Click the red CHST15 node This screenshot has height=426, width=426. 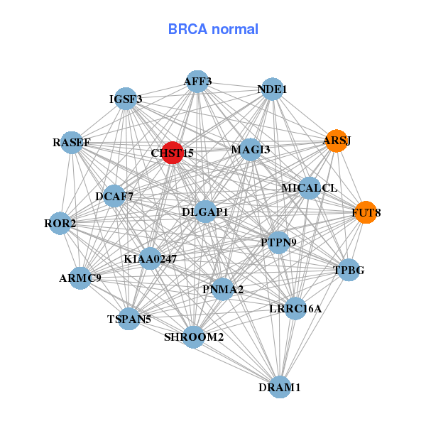173,153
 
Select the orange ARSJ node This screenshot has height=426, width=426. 337,141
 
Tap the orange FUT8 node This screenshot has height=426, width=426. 366,212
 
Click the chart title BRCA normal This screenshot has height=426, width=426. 213,29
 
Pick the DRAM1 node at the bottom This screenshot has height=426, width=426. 280,387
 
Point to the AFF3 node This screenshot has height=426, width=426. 197,82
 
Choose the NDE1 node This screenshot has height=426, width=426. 272,89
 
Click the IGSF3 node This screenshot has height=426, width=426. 126,99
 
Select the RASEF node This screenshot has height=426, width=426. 71,143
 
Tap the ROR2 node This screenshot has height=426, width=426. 60,224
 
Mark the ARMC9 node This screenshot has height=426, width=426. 80,278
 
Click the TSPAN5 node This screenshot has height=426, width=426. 129,319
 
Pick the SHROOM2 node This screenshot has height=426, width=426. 194,337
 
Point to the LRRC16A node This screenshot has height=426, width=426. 295,308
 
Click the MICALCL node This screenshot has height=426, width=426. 310,188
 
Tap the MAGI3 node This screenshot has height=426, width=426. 250,150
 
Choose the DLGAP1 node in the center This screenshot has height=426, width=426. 204,212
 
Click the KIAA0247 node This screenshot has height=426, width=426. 151,259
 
